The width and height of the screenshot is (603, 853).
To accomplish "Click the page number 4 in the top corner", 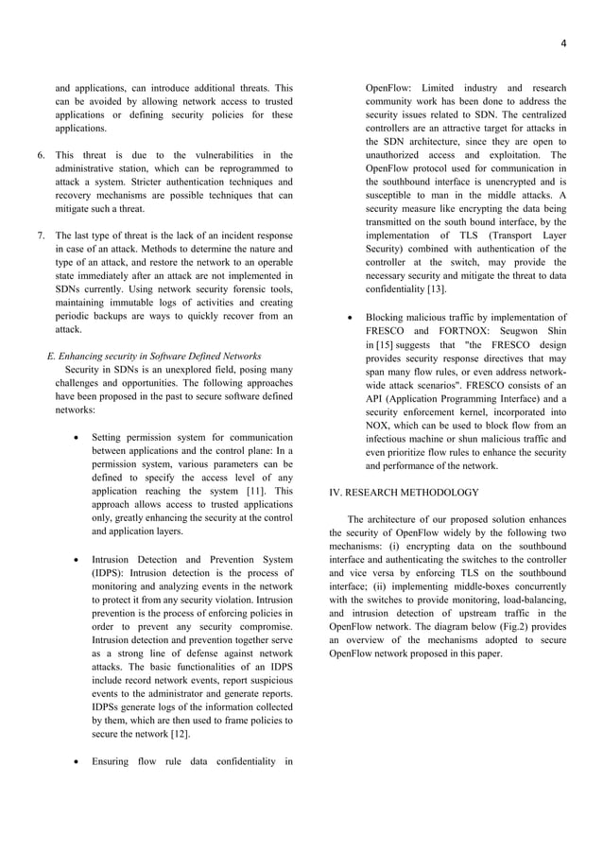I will tap(562, 43).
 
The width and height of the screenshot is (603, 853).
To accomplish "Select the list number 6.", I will tap(40, 154).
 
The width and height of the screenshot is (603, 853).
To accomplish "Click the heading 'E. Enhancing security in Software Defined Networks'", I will tap(154, 357).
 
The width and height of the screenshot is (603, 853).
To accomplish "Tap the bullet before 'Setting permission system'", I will tap(76, 438).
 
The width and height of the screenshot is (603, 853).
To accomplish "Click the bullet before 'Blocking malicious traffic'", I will tap(350, 318).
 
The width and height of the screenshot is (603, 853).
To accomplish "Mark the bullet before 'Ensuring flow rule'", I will tap(76, 761).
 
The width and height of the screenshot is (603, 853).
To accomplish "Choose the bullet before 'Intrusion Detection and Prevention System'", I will tap(76, 560).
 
